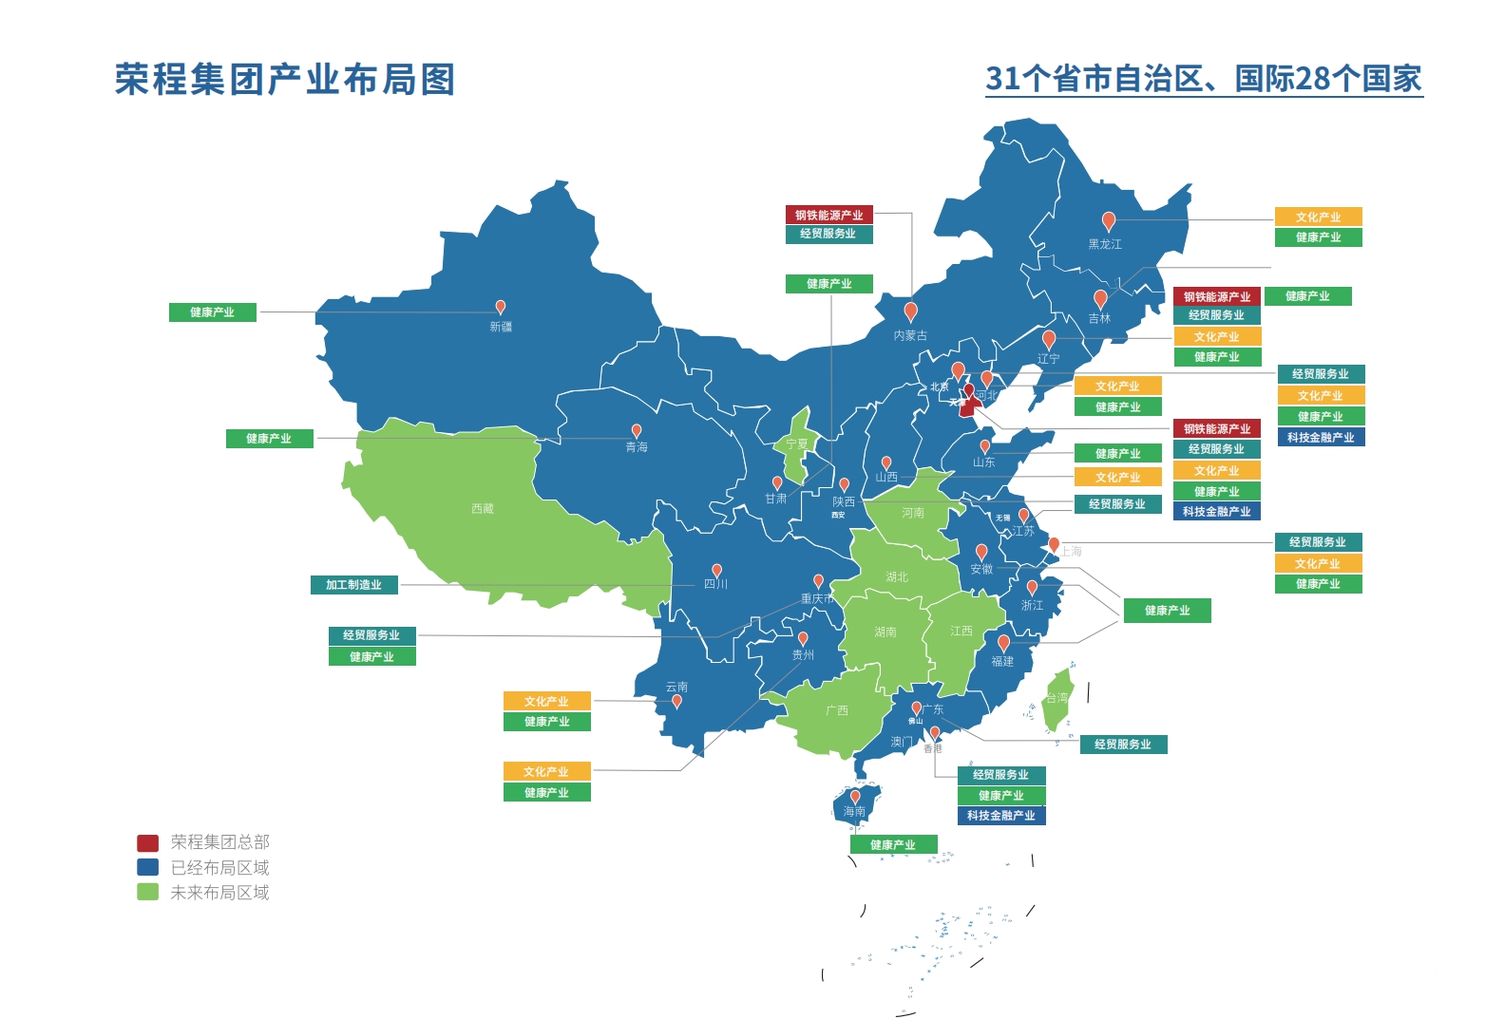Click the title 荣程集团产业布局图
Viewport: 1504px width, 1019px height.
point(285,80)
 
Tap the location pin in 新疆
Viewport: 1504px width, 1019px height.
point(501,307)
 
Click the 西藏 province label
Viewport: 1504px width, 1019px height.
point(483,509)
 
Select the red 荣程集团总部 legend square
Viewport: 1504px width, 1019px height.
point(147,842)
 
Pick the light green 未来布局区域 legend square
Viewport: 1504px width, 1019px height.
point(147,893)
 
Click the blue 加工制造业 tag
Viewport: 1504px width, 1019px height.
point(353,585)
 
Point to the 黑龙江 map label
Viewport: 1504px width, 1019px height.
point(1105,244)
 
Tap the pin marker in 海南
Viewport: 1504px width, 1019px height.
point(855,797)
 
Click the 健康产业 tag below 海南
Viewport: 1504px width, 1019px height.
point(893,844)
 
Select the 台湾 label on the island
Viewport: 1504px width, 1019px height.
point(1057,698)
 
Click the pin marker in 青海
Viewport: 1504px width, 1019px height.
point(637,430)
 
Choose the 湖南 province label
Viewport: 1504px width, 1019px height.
point(885,632)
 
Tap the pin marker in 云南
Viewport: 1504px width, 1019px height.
point(676,701)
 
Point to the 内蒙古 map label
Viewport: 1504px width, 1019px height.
point(910,335)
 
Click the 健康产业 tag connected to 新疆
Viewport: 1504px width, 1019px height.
point(212,312)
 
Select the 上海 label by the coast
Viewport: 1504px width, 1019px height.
point(1072,551)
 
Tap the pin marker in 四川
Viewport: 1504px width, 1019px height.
point(716,570)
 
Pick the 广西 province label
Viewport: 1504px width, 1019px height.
point(837,710)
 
